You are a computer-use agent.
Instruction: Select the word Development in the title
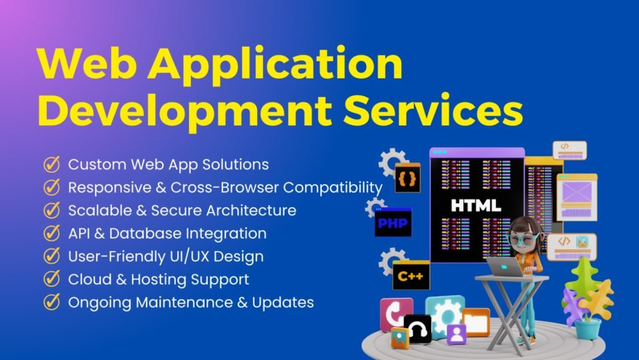click(185, 112)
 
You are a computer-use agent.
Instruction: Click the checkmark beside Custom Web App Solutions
click(51, 165)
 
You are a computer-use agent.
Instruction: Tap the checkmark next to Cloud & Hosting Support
click(51, 280)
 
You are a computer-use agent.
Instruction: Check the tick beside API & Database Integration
click(51, 233)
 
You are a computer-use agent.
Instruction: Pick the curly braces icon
click(407, 178)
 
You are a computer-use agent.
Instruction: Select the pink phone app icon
click(396, 313)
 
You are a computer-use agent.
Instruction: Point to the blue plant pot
click(588, 328)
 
